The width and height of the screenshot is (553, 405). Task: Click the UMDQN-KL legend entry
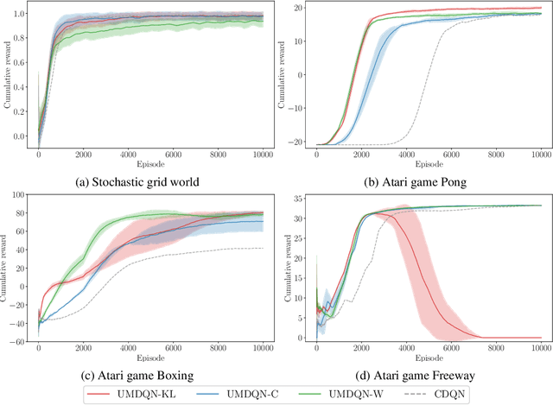point(141,394)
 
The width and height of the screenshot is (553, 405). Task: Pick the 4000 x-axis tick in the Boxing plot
point(127,351)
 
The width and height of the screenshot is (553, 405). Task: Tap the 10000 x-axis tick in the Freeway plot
point(540,351)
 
